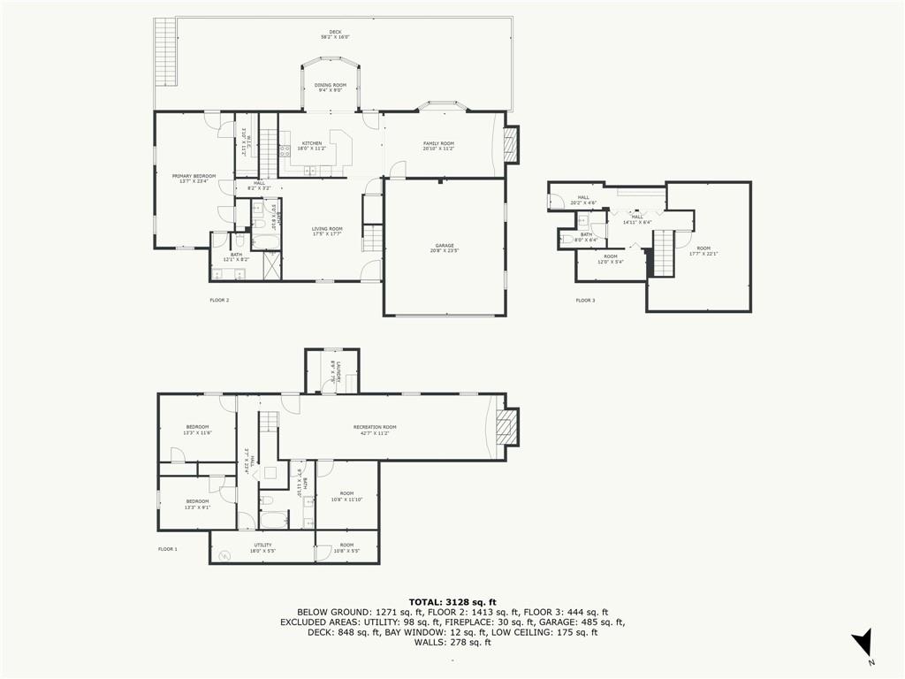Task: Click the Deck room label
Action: tap(334, 34)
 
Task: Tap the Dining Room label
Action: tap(331, 87)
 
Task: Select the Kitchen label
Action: tap(312, 145)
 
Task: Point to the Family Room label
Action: tap(438, 145)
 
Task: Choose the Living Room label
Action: tap(327, 231)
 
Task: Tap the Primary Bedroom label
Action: tap(194, 178)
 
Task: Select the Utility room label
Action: tap(262, 547)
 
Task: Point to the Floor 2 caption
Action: tap(219, 301)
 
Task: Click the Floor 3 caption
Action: tap(585, 301)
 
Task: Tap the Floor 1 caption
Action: tap(167, 549)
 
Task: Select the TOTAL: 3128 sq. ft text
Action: tap(452, 601)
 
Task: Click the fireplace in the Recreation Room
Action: tap(506, 427)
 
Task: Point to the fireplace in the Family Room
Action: tap(509, 145)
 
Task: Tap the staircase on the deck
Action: tap(165, 50)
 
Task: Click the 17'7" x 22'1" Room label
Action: tap(703, 251)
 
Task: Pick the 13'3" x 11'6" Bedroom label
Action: tap(197, 430)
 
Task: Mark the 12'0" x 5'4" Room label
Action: tap(611, 258)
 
